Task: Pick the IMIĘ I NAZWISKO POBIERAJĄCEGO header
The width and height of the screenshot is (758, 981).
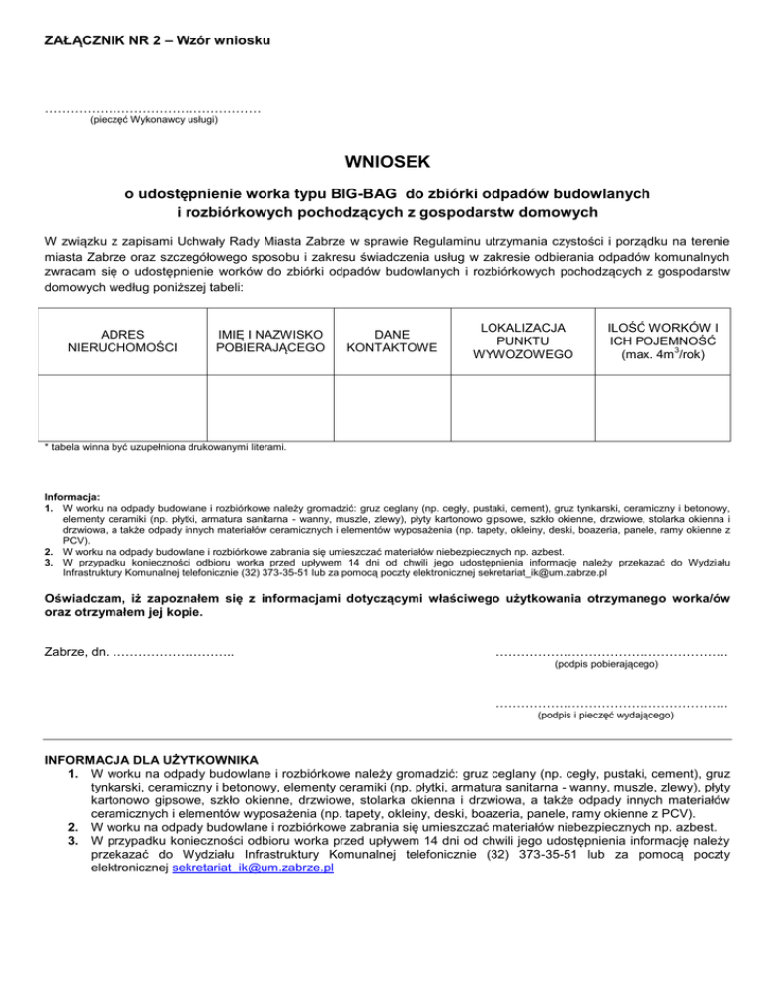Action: click(x=270, y=341)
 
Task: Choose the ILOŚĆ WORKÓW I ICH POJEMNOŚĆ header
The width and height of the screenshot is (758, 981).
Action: click(x=662, y=340)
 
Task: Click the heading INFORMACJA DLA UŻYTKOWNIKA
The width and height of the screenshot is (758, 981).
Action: click(x=152, y=760)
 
